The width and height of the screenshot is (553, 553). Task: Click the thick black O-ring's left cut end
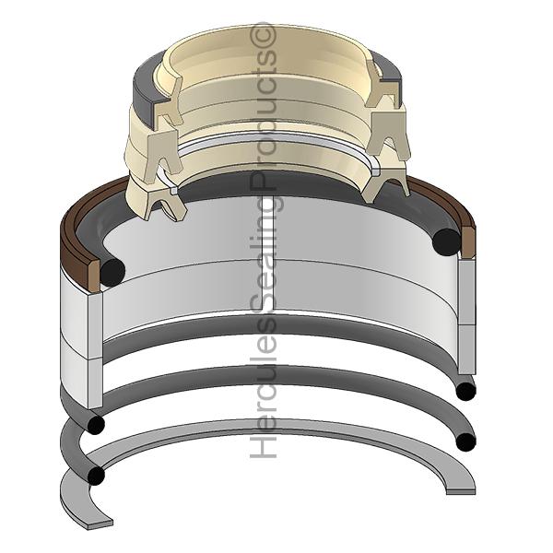pos(112,273)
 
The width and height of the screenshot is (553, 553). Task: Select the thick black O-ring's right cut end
pos(446,242)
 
